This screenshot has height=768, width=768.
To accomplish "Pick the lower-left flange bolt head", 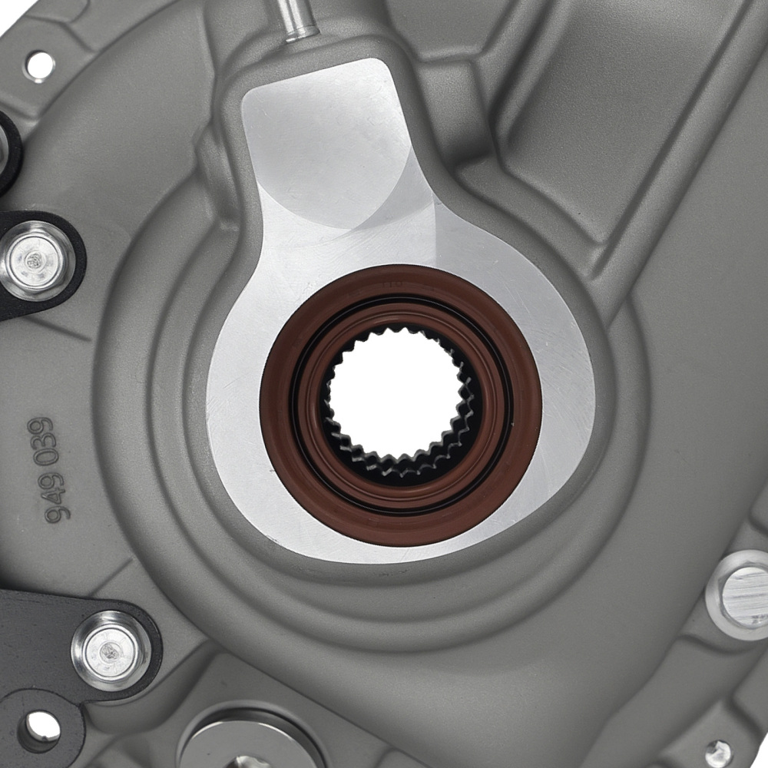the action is pyautogui.click(x=111, y=650).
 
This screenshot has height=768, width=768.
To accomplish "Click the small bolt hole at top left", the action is pyautogui.click(x=39, y=65).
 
